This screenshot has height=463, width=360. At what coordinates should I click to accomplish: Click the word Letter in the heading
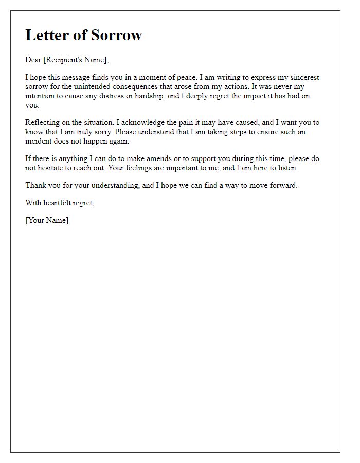pyautogui.click(x=48, y=35)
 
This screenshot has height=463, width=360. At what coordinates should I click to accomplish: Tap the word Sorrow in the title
pyautogui.click(x=116, y=35)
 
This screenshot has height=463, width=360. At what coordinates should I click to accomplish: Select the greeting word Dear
pyautogui.click(x=33, y=60)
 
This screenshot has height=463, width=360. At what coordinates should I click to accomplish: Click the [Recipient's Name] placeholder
pyautogui.click(x=76, y=60)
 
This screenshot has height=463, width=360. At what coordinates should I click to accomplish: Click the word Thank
pyautogui.click(x=35, y=185)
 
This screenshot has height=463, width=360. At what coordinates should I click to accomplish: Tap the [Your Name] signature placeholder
pyautogui.click(x=47, y=220)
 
